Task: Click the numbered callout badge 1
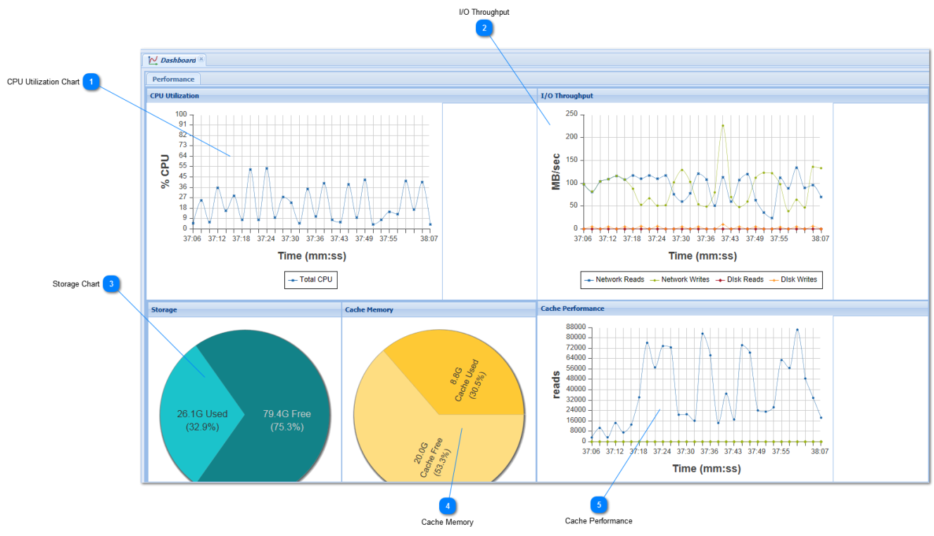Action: click(x=91, y=82)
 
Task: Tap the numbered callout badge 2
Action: click(x=484, y=28)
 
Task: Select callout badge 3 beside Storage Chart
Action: click(x=111, y=284)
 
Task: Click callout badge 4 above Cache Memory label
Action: click(x=448, y=506)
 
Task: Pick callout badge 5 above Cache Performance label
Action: click(x=599, y=505)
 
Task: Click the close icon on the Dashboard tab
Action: click(x=201, y=59)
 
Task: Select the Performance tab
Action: click(x=173, y=79)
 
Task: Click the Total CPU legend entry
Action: click(x=311, y=280)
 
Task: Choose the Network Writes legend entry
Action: click(x=680, y=280)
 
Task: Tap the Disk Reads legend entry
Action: click(x=740, y=280)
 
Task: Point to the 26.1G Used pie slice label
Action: click(x=202, y=420)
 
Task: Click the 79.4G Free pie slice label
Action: click(x=287, y=420)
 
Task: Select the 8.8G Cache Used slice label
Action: click(x=468, y=380)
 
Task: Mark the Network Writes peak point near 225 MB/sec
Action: click(x=723, y=125)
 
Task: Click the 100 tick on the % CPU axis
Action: click(x=181, y=114)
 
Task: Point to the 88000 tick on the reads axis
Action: click(x=576, y=327)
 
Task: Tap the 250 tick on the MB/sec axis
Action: click(x=572, y=114)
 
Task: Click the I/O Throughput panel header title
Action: click(x=567, y=96)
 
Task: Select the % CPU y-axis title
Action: click(x=165, y=172)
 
